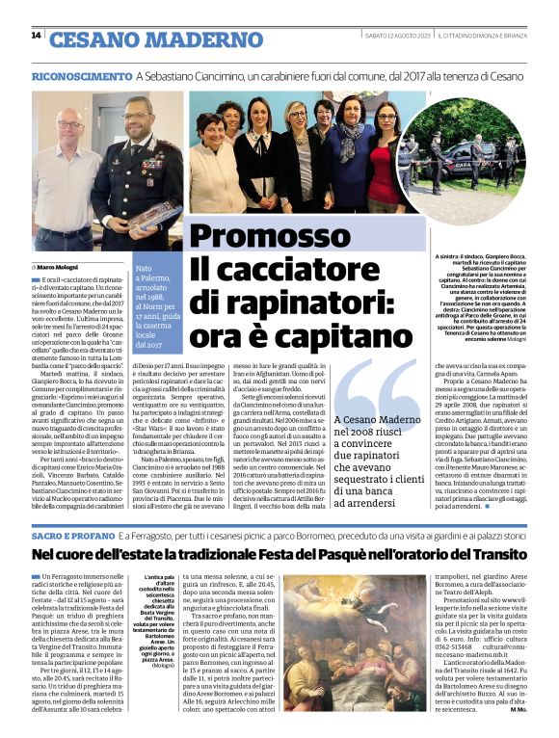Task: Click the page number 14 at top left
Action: coord(36,37)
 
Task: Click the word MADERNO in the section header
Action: coord(209,40)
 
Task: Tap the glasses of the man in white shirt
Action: coord(69,125)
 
